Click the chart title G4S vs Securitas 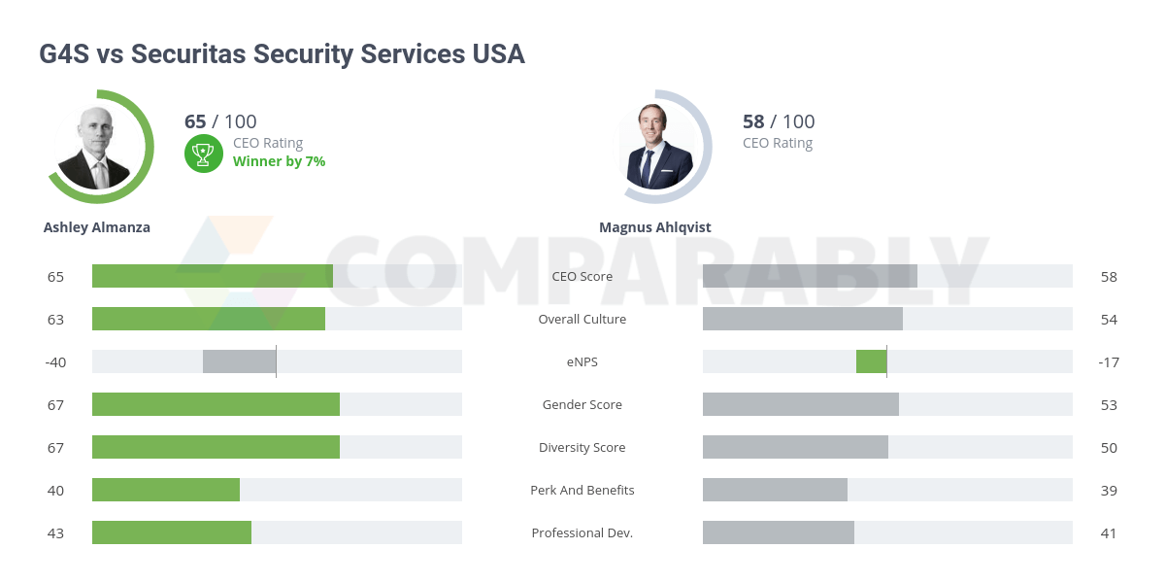click(282, 53)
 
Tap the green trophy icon click(203, 153)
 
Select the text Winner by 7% click(279, 161)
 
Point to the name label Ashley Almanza click(97, 227)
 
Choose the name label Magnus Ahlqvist click(654, 227)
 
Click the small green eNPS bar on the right click(871, 361)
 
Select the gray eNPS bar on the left click(239, 361)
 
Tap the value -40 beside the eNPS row click(55, 362)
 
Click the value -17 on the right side click(1109, 362)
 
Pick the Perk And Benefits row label click(582, 491)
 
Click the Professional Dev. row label click(582, 533)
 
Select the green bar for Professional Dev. click(172, 532)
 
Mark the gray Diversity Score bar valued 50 click(795, 447)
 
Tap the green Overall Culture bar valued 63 click(209, 319)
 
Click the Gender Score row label click(582, 405)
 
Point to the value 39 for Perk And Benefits click(1109, 491)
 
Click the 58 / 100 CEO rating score click(779, 121)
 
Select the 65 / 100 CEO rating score click(220, 121)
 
